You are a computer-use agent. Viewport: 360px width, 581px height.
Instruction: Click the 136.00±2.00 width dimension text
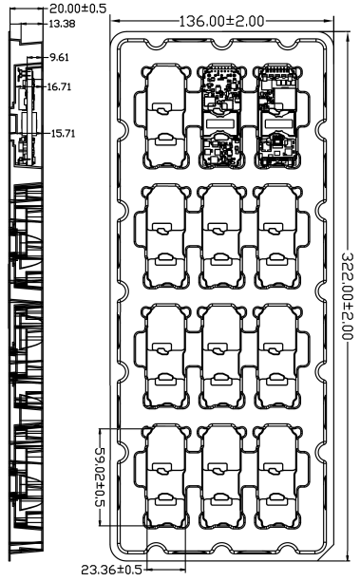tap(221, 21)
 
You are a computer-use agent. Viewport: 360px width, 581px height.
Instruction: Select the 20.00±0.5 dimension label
tap(78, 9)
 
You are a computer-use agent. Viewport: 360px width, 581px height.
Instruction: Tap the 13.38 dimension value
tap(62, 24)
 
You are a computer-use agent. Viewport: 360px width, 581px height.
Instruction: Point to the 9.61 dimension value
tap(59, 57)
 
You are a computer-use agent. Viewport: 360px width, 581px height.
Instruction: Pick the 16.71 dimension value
tap(59, 86)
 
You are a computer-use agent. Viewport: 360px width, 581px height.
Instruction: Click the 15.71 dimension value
tap(63, 133)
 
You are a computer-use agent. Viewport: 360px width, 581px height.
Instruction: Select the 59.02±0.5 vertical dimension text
tap(100, 477)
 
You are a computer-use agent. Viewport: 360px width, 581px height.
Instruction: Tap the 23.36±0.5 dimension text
tap(111, 570)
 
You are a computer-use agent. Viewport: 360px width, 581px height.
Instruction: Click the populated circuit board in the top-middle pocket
tap(221, 117)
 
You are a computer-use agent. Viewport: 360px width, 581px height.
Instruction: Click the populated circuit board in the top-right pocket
tap(277, 117)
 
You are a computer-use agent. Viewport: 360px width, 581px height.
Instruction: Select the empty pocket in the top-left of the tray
tap(165, 117)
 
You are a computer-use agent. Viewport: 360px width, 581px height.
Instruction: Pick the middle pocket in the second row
tap(221, 236)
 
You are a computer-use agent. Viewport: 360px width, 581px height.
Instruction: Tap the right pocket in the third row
tap(277, 356)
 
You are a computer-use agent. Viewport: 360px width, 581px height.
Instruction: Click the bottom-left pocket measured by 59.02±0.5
tap(165, 477)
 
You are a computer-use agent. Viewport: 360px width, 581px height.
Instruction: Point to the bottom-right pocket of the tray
tap(277, 477)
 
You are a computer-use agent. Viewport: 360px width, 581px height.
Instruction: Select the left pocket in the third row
tap(165, 356)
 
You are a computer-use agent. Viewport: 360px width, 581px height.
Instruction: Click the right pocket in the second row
tap(277, 236)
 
